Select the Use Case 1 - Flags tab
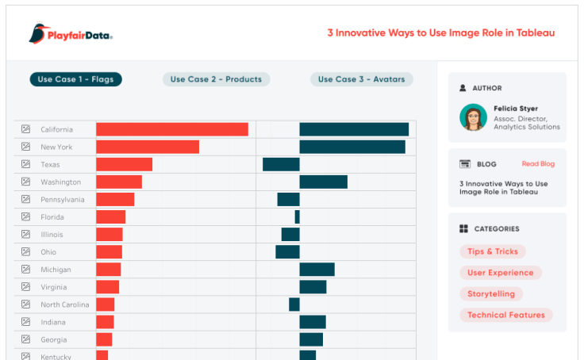point(76,79)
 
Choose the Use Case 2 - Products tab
point(217,79)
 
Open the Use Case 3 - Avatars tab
point(361,79)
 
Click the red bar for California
point(172,129)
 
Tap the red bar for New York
point(148,147)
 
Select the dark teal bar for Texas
point(281,164)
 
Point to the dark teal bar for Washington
point(323,182)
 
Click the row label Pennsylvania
point(63,200)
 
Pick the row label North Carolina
point(65,304)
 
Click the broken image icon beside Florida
point(25,217)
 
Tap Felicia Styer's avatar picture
point(473,117)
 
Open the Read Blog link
point(538,164)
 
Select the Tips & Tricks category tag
point(492,251)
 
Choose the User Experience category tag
point(500,273)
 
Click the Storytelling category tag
point(490,293)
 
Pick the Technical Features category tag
point(505,315)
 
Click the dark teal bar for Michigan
point(317,270)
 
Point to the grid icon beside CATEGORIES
point(463,229)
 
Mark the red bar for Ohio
point(109,252)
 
